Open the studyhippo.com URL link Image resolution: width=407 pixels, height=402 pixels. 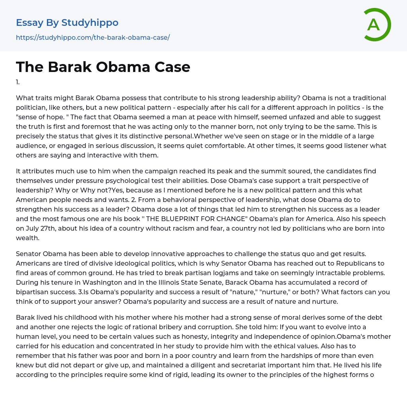pos(93,37)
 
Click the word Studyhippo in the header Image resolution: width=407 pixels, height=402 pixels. pos(90,23)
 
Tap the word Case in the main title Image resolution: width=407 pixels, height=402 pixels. pos(168,67)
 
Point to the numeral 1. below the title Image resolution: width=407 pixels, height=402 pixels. pos(18,82)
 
